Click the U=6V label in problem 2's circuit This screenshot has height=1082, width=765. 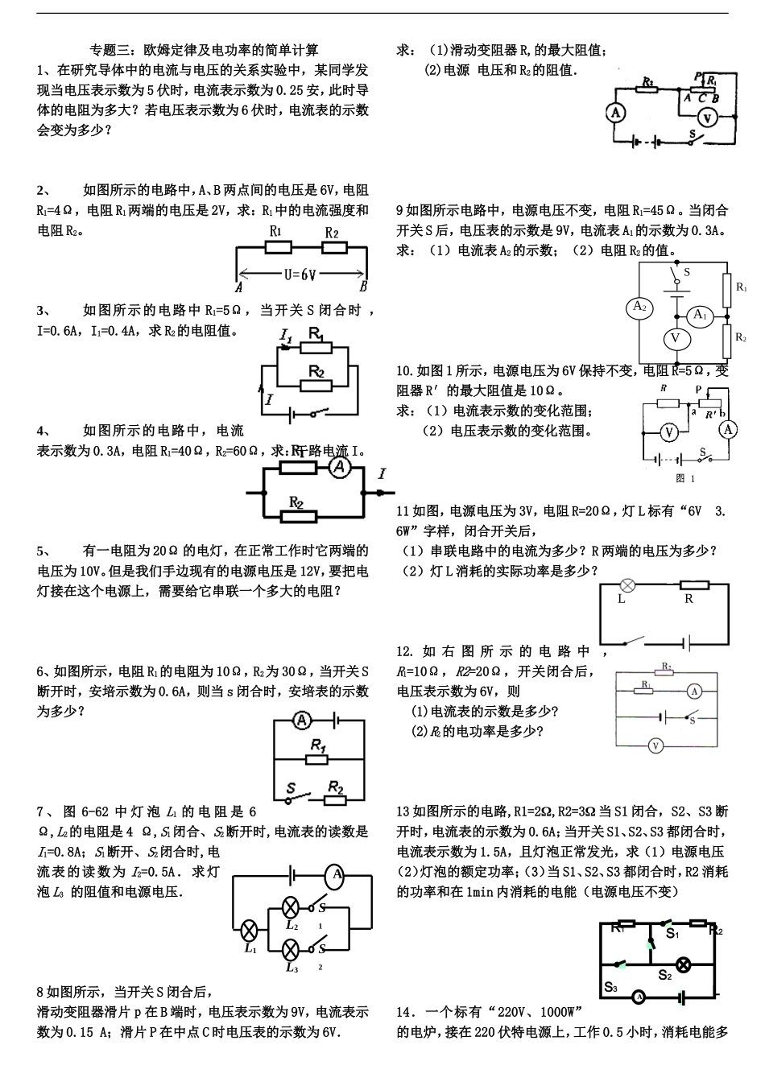(300, 274)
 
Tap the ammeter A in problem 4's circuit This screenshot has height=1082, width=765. (339, 467)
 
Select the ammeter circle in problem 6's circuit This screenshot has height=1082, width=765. (300, 720)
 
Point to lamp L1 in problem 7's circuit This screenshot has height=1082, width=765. (250, 931)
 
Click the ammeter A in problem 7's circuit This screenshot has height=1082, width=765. (337, 875)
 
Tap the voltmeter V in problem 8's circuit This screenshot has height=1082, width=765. (707, 118)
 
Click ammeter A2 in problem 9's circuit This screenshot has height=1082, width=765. (639, 307)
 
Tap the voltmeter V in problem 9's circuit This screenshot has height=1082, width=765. (675, 339)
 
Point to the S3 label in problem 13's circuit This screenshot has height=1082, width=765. (610, 987)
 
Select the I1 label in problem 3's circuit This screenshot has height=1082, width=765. (285, 332)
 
